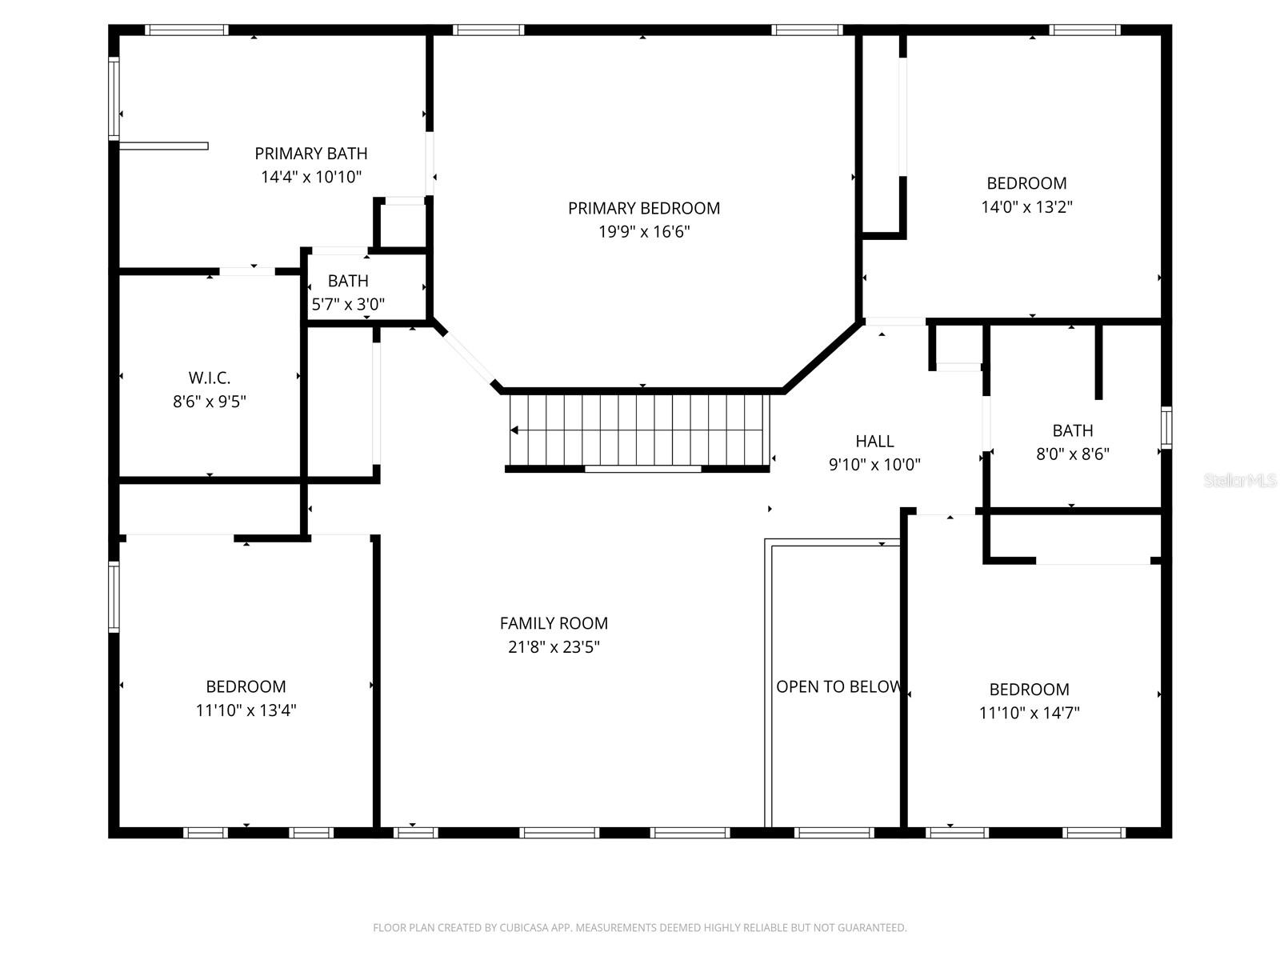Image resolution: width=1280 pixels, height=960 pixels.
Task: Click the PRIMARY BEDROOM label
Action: click(644, 208)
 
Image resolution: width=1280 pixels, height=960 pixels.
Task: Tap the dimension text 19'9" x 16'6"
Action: click(644, 232)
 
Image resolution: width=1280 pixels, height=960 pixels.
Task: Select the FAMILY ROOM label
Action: click(554, 623)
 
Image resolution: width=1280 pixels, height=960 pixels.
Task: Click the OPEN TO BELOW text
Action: click(838, 686)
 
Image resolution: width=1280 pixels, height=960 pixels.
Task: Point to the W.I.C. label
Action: click(210, 378)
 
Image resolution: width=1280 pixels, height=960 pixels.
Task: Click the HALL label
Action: click(874, 441)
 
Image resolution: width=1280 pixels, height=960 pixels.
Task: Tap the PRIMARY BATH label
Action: click(311, 154)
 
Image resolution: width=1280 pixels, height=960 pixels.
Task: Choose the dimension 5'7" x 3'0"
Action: click(348, 304)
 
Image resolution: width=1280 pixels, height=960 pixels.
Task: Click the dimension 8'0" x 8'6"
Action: click(1073, 454)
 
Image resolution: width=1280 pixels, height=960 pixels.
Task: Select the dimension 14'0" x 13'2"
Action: click(1026, 206)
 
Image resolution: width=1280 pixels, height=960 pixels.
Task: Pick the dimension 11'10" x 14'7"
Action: click(1029, 713)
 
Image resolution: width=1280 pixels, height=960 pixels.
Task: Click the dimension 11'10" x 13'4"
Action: click(246, 710)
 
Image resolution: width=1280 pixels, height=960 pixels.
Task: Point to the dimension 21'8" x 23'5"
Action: click(554, 646)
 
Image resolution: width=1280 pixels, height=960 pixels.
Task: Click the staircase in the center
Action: click(640, 430)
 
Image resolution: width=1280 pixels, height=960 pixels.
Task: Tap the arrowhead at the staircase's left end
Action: click(514, 430)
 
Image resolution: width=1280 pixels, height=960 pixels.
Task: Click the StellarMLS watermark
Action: click(1239, 481)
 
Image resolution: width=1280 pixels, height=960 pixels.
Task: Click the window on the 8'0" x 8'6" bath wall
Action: click(1166, 426)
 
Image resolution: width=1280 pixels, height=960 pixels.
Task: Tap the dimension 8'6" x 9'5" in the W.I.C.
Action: click(210, 401)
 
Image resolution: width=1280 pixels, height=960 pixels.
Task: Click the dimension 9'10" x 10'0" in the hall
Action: click(874, 464)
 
